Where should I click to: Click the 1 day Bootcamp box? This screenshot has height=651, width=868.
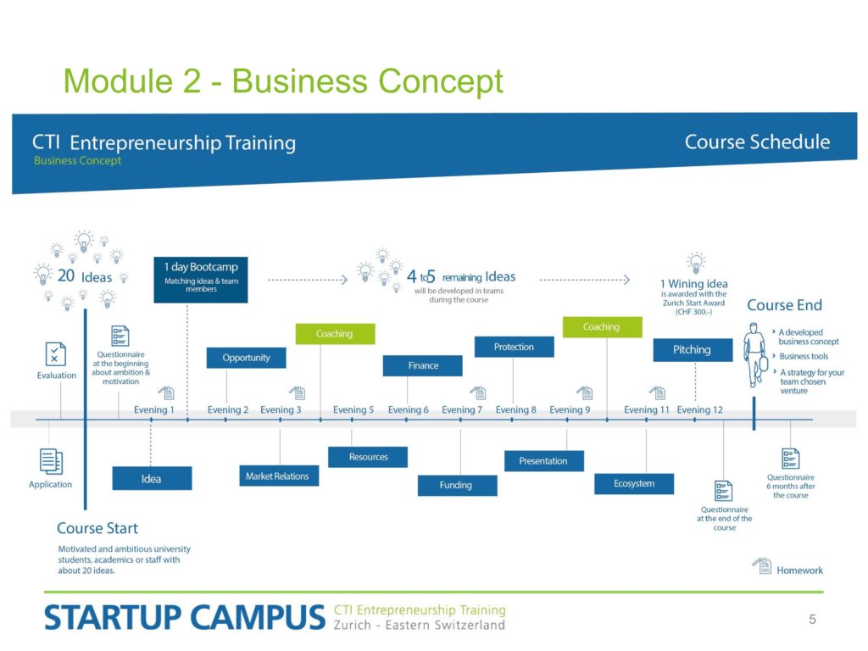pyautogui.click(x=201, y=280)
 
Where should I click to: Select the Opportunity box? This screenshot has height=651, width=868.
pyautogui.click(x=247, y=358)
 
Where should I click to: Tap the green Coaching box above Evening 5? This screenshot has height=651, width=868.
pyautogui.click(x=335, y=334)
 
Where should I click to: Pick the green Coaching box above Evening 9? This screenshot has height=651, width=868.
pyautogui.click(x=603, y=327)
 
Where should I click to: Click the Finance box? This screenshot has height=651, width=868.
pyautogui.click(x=423, y=366)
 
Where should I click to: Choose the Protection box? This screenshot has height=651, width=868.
pyautogui.click(x=515, y=347)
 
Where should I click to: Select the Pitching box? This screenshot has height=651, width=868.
pyautogui.click(x=693, y=350)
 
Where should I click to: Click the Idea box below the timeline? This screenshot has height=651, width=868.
pyautogui.click(x=153, y=478)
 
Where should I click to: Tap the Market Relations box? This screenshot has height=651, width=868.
pyautogui.click(x=279, y=476)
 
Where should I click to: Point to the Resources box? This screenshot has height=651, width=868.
pyautogui.click(x=368, y=457)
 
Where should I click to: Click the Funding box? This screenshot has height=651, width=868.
pyautogui.click(x=457, y=486)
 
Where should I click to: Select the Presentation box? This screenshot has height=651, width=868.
pyautogui.click(x=544, y=461)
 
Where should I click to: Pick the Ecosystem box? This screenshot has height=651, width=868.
pyautogui.click(x=634, y=484)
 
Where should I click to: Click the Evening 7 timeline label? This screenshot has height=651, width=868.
pyautogui.click(x=462, y=409)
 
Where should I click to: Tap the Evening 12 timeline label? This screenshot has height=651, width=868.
pyautogui.click(x=699, y=409)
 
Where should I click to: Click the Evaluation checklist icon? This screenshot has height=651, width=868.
pyautogui.click(x=55, y=354)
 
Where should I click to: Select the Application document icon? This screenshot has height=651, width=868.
pyautogui.click(x=51, y=461)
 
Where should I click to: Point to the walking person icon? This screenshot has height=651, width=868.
pyautogui.click(x=754, y=355)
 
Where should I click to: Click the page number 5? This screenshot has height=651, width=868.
pyautogui.click(x=812, y=620)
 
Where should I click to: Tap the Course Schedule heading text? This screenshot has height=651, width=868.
pyautogui.click(x=757, y=142)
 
